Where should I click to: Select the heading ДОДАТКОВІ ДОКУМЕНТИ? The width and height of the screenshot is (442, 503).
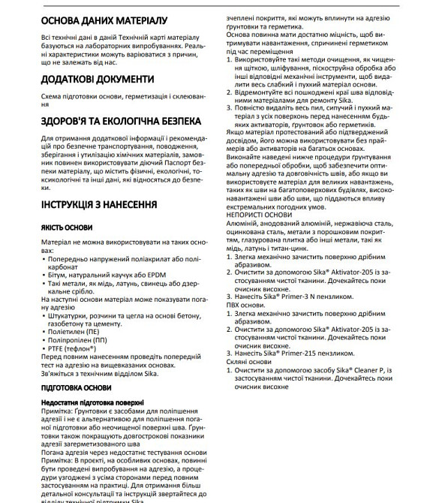87,79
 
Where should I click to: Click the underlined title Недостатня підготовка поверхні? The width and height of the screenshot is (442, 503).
96,403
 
